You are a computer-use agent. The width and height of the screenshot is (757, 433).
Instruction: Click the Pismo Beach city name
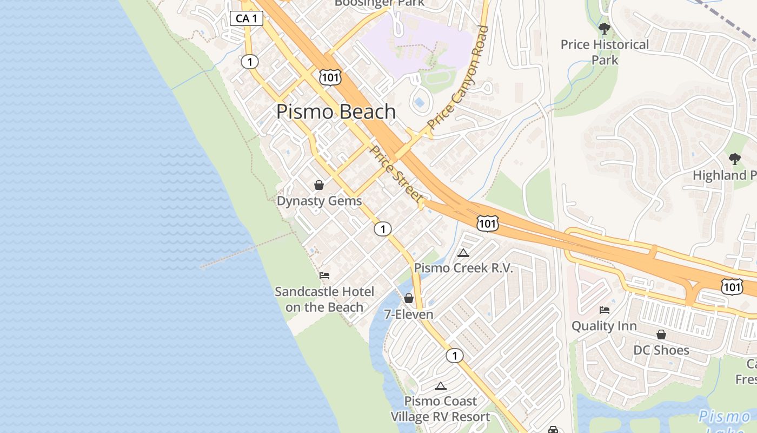pyautogui.click(x=336, y=111)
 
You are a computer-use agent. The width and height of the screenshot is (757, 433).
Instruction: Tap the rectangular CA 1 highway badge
pyautogui.click(x=247, y=18)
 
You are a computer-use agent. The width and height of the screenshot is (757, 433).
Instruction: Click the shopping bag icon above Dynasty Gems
pyautogui.click(x=319, y=185)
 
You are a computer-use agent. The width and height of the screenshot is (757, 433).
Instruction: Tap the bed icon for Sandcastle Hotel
pyautogui.click(x=324, y=275)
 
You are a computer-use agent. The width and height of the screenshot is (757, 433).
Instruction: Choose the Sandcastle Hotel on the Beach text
pyautogui.click(x=324, y=299)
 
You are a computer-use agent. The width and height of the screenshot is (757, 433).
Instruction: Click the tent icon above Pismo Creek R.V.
pyautogui.click(x=463, y=253)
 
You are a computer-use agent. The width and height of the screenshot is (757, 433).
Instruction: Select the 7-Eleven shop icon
pyautogui.click(x=409, y=298)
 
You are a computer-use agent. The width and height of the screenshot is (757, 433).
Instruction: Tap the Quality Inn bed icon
pyautogui.click(x=605, y=310)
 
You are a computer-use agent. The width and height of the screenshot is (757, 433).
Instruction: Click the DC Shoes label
pyautogui.click(x=661, y=350)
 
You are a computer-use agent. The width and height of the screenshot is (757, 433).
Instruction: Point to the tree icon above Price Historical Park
pyautogui.click(x=605, y=29)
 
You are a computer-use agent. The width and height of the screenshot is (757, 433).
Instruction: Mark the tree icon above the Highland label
pyautogui.click(x=734, y=159)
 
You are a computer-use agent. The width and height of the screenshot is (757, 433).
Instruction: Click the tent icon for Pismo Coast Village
pyautogui.click(x=441, y=386)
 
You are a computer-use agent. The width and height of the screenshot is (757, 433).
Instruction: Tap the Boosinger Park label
pyautogui.click(x=380, y=3)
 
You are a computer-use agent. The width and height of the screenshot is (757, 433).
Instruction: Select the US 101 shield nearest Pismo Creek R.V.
pyautogui.click(x=487, y=222)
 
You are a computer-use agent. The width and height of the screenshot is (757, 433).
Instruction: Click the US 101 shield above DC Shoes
pyautogui.click(x=732, y=286)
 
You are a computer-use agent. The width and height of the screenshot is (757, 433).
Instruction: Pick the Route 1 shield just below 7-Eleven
pyautogui.click(x=455, y=356)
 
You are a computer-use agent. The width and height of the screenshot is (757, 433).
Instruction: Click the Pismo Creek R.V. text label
pyautogui.click(x=463, y=268)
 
